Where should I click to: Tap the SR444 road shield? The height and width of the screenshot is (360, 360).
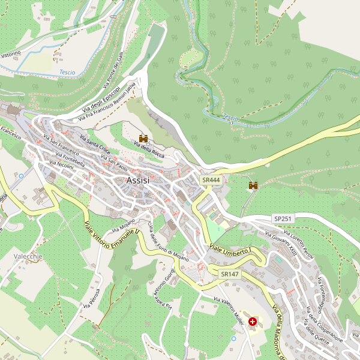[x=211, y=180]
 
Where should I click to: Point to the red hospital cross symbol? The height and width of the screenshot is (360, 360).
[x=253, y=322]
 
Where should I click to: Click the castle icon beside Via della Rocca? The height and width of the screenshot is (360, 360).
[x=143, y=139]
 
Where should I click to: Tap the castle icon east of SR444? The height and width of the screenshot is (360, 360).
[x=253, y=185]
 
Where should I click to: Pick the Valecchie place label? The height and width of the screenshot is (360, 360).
[x=28, y=256]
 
